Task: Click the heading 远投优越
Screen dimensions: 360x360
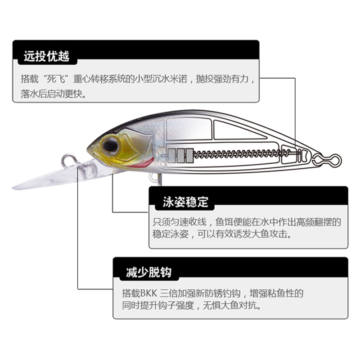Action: point(46,57)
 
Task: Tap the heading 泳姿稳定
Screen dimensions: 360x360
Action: point(185,202)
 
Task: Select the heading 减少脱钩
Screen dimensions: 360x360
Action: point(148,273)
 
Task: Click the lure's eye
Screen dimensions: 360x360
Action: point(110,145)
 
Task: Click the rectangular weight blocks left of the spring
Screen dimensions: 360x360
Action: point(180,154)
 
